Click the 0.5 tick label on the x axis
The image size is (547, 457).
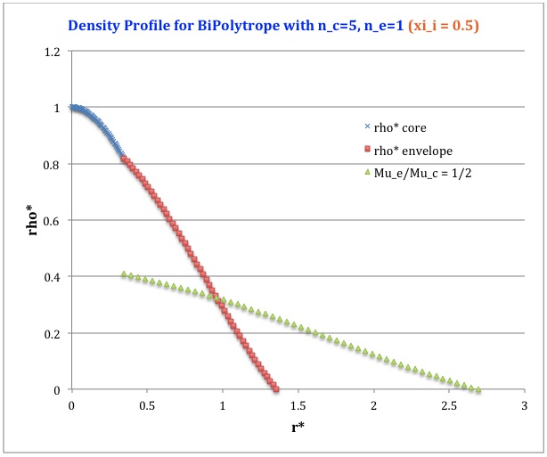pyautogui.click(x=147, y=405)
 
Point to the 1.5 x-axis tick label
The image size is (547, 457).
pyautogui.click(x=298, y=405)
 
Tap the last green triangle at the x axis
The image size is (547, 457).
pyautogui.click(x=478, y=389)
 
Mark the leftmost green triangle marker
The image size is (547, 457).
pyautogui.click(x=124, y=274)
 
